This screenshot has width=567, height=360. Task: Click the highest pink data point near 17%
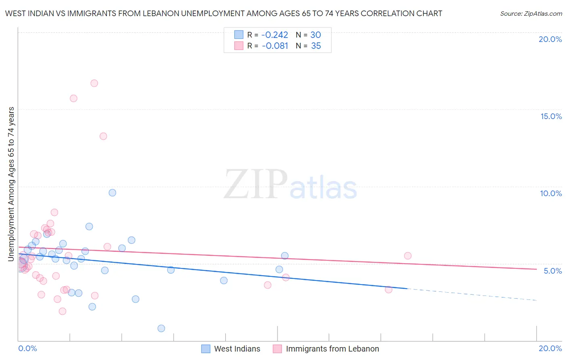coord(94,83)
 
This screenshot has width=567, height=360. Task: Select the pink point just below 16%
coord(73,98)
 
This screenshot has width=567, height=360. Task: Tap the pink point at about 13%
coord(103,136)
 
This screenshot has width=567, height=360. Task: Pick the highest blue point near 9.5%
coord(113,193)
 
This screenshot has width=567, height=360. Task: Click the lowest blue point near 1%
coord(161,328)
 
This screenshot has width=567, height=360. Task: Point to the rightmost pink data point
coord(408,255)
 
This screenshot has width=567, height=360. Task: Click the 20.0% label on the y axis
coord(550,39)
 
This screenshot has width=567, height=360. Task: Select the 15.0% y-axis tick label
coord(551,116)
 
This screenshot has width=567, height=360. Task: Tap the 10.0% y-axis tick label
coord(551,193)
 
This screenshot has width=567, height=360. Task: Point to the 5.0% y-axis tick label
coord(552,271)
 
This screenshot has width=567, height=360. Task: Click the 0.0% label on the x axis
coord(27,348)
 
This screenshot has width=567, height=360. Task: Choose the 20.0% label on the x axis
coord(550,348)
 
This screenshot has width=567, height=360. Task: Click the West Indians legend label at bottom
coord(237,349)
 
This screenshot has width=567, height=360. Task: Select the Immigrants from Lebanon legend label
coord(332,349)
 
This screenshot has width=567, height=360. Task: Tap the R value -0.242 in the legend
coord(275,35)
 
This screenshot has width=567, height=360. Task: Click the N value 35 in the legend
coord(316,46)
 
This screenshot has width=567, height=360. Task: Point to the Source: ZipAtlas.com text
coord(531,14)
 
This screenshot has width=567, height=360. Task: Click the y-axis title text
coord(11,184)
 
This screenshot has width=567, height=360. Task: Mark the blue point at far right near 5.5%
coord(285,255)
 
